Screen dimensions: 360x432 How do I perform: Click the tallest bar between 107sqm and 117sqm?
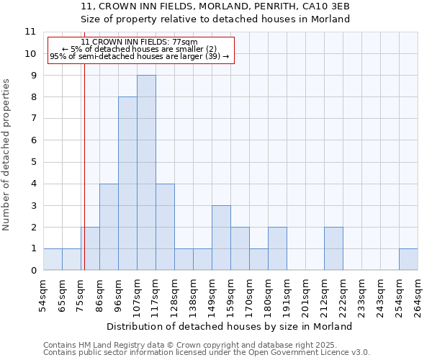(x=146, y=173)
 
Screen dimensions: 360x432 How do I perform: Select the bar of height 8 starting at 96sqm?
(x=127, y=184)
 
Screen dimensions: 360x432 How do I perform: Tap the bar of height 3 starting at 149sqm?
(x=221, y=238)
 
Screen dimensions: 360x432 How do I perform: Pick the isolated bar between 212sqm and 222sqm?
(x=333, y=248)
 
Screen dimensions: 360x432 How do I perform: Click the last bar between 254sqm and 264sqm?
(x=408, y=259)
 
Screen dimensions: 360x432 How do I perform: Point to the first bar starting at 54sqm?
(x=53, y=259)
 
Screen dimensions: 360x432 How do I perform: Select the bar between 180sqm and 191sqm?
(x=277, y=248)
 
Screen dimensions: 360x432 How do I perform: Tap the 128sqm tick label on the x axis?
(x=174, y=296)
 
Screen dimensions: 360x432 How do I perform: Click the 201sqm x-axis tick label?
(x=305, y=296)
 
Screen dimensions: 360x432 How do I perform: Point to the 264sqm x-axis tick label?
(x=417, y=296)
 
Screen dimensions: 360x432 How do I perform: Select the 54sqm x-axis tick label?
(x=42, y=296)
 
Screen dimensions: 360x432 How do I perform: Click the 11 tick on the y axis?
(x=30, y=32)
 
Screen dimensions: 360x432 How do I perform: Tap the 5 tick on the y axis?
(x=32, y=162)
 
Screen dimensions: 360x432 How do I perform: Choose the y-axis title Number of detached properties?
(x=6, y=155)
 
